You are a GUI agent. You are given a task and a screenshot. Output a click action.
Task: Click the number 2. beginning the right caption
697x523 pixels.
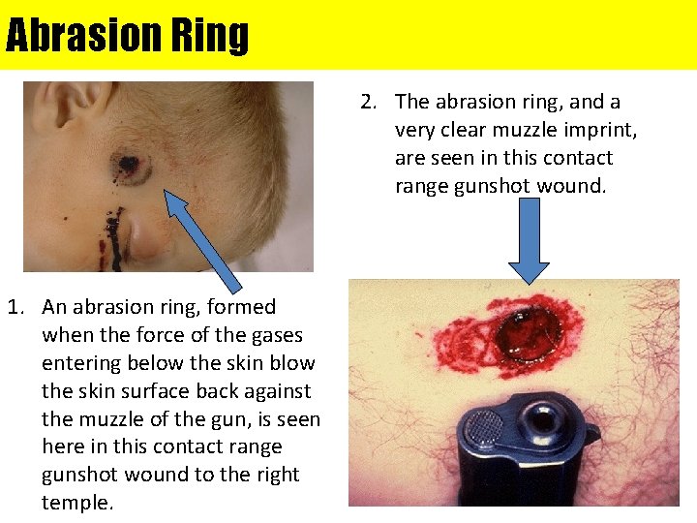coord(369,102)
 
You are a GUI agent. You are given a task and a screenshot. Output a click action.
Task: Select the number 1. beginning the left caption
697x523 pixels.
coord(17,307)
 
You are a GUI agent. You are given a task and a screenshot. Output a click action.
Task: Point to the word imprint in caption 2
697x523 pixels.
coord(604,130)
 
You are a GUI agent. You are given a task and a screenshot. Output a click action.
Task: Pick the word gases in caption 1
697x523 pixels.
coord(276,335)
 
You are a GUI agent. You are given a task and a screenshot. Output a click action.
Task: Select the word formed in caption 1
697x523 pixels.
coord(242,307)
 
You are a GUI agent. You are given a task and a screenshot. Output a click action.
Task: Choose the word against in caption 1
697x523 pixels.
coord(274,391)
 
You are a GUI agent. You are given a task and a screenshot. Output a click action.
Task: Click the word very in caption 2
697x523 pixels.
coord(414,130)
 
